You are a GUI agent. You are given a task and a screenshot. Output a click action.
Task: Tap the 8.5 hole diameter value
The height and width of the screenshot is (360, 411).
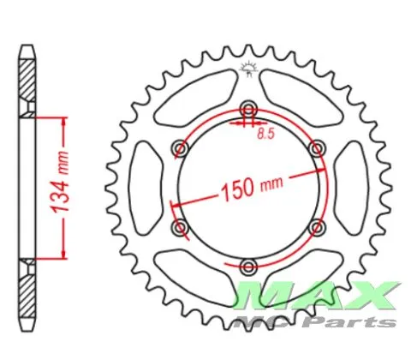tap(265, 134)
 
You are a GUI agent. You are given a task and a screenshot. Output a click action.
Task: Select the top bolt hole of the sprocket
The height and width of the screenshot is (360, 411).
tap(249, 110)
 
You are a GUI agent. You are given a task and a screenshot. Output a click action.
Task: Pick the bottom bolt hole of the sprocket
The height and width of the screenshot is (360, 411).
tap(249, 267)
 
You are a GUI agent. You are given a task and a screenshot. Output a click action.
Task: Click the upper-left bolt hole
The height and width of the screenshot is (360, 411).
tap(181, 148)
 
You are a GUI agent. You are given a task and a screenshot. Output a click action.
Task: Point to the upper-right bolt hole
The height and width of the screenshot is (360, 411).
tap(317, 148)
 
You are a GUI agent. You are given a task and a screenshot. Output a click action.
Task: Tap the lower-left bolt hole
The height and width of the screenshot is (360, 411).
tap(181, 228)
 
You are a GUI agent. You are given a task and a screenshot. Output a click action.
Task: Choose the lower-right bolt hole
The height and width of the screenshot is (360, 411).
tap(317, 228)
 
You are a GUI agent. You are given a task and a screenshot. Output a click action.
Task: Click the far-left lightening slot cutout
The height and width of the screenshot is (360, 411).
tap(146, 189)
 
